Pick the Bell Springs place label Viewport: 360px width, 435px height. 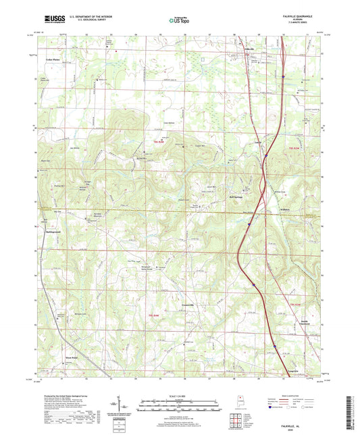tap(234, 197)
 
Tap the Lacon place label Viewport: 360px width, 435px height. tap(257, 141)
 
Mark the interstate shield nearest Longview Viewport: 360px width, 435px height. tap(276, 348)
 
